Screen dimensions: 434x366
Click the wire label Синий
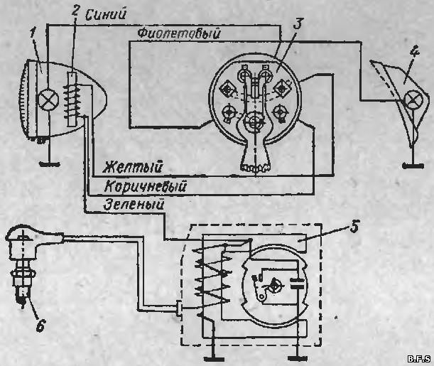pyautogui.click(x=106, y=15)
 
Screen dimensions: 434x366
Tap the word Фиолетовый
pyautogui.click(x=179, y=34)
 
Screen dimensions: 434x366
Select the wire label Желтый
pyautogui.click(x=132, y=167)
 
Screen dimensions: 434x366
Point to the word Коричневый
pyautogui.click(x=145, y=186)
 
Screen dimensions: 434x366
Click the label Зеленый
pyautogui.click(x=134, y=205)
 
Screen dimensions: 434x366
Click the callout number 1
pyautogui.click(x=33, y=34)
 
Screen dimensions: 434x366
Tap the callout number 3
pyautogui.click(x=298, y=23)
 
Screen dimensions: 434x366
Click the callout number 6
pyautogui.click(x=40, y=326)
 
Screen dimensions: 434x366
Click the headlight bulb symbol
pyautogui.click(x=49, y=100)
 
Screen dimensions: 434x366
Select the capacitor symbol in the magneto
pyautogui.click(x=298, y=284)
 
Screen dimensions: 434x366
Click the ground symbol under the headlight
pyautogui.click(x=50, y=164)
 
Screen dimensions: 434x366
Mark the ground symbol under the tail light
pyautogui.click(x=413, y=166)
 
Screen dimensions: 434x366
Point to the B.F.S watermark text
pyautogui.click(x=420, y=359)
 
